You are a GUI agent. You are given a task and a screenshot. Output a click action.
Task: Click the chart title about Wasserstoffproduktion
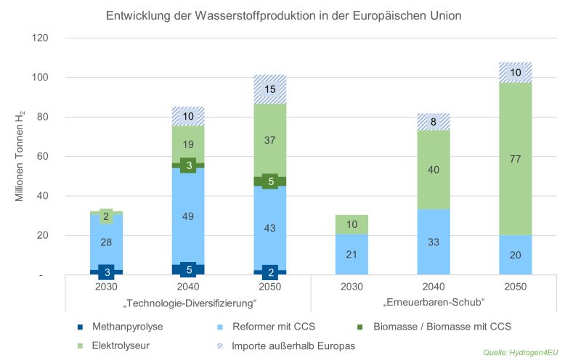[x=282, y=15]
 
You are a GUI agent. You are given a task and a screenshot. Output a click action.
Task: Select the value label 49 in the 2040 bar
[x=188, y=215]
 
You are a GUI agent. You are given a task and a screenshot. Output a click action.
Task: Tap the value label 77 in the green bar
[x=514, y=159]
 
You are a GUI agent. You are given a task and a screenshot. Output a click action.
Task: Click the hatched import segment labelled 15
[x=270, y=89]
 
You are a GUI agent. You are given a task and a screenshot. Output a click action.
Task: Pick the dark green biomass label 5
[x=270, y=181]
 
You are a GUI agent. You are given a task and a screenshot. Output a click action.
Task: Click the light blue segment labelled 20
[x=514, y=254]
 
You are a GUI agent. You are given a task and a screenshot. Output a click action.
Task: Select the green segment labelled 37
[x=270, y=139]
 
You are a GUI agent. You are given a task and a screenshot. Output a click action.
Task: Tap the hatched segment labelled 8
[x=434, y=122]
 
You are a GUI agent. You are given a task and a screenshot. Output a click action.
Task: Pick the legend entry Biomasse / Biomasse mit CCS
[x=446, y=327]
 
